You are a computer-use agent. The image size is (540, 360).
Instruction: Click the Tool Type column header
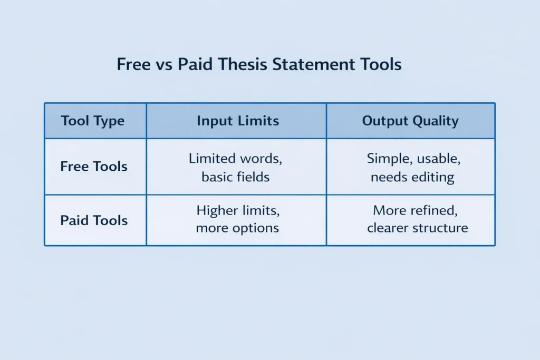click(93, 121)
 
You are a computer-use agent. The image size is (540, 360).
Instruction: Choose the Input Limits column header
click(237, 121)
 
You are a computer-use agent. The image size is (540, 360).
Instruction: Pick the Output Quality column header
click(410, 121)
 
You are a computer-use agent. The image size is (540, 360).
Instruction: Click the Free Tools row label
click(94, 167)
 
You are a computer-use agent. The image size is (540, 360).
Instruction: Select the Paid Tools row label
click(94, 220)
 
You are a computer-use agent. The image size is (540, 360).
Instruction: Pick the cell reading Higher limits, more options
click(238, 219)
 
